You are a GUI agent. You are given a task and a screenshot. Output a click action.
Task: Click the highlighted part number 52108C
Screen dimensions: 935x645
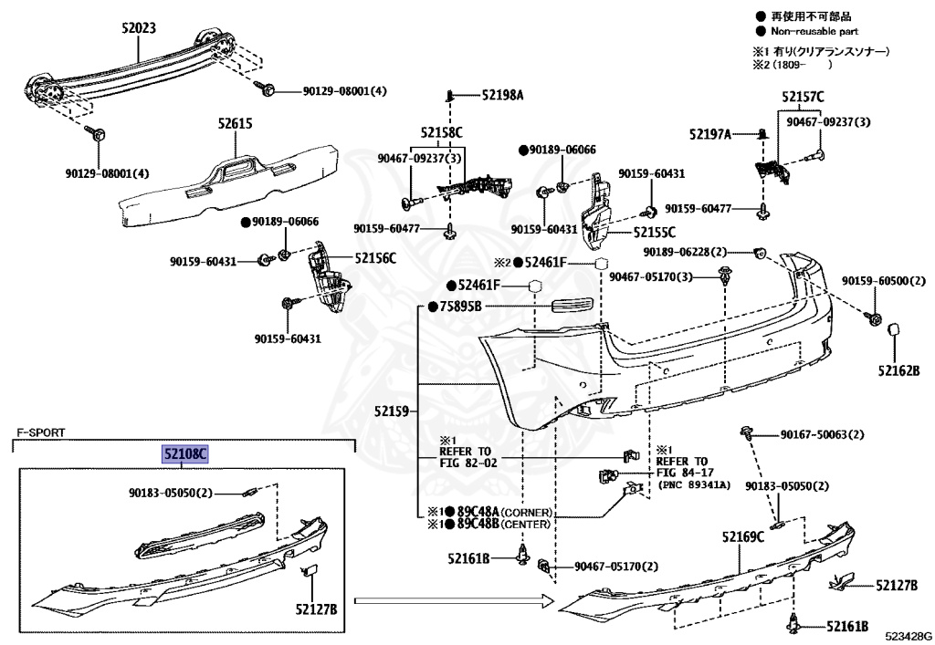coord(185,455)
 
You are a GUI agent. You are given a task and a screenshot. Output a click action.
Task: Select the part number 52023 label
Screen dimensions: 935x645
coord(139,28)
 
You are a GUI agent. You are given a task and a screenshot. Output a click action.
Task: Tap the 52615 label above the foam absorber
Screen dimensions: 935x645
coord(235,124)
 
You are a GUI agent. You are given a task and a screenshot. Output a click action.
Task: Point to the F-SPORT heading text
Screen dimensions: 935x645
coord(40,433)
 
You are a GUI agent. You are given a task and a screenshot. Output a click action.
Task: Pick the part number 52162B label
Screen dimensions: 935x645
coord(898,370)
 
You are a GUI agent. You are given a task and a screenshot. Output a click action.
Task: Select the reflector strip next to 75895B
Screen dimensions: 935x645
coord(573,305)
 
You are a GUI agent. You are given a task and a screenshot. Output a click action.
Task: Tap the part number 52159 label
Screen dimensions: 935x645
coord(392,411)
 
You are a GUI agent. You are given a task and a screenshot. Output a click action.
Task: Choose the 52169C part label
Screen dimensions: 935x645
coord(743,537)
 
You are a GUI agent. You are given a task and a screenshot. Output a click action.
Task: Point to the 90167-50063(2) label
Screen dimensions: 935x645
coord(823,435)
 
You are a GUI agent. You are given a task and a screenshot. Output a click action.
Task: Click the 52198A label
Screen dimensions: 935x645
coord(503,95)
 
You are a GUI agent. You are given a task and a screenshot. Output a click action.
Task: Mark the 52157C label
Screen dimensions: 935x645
coord(803,97)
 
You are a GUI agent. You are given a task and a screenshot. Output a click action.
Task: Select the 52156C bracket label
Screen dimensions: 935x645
coord(375,258)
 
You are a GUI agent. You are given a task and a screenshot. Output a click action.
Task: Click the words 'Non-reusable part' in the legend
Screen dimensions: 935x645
coord(814,31)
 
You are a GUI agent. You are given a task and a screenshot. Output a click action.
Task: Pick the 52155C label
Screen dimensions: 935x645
coord(655,233)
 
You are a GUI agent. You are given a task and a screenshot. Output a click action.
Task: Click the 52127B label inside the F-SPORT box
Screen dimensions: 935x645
coord(316,609)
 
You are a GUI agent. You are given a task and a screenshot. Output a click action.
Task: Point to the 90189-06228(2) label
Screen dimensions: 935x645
coord(685,252)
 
